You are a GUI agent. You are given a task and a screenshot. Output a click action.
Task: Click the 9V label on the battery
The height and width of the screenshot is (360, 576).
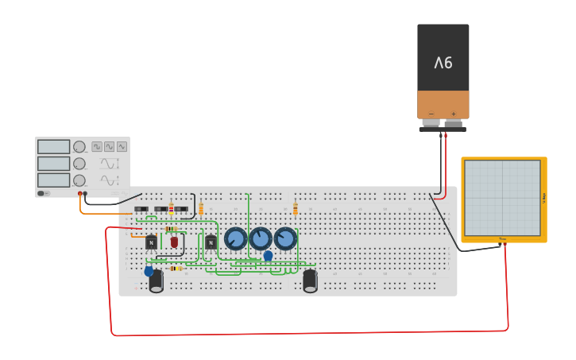tap(443, 63)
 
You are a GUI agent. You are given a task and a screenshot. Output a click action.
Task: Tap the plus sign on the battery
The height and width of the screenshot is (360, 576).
tap(454, 114)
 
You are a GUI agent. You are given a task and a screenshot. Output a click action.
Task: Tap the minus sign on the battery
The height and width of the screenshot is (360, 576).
tap(431, 114)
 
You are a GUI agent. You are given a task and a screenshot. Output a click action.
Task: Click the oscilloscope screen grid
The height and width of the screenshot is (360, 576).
tap(502, 198)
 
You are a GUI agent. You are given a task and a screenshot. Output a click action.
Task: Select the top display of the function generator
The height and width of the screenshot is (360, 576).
tap(53, 147)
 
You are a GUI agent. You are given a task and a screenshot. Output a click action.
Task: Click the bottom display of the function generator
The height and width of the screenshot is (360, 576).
tap(53, 180)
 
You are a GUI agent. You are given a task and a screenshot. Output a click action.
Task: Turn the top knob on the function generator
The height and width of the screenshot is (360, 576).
tap(79, 147)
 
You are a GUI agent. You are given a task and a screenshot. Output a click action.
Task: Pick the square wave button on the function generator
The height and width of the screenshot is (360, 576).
tap(97, 147)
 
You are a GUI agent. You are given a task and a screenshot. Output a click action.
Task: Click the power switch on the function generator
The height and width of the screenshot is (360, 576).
tap(43, 193)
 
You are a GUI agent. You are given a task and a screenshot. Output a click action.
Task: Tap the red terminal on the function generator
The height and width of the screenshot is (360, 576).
tap(79, 194)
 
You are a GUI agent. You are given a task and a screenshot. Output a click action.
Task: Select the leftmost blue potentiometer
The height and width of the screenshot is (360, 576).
tap(236, 238)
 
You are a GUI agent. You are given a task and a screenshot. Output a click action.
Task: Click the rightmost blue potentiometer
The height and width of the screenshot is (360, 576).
tap(285, 238)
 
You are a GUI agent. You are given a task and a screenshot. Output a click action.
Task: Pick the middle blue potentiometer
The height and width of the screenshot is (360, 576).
tap(261, 238)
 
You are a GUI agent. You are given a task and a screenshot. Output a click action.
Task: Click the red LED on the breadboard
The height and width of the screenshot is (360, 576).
tap(174, 242)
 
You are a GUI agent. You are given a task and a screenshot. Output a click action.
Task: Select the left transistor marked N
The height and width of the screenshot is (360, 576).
tap(151, 242)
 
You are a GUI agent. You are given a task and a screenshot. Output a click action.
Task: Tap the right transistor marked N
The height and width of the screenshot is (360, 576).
tap(211, 242)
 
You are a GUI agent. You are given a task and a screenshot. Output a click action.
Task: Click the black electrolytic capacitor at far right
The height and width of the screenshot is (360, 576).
tap(310, 281)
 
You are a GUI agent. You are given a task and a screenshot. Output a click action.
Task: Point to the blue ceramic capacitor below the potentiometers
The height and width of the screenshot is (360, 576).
tap(269, 256)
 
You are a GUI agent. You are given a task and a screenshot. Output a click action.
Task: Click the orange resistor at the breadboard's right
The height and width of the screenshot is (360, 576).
tap(296, 209)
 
